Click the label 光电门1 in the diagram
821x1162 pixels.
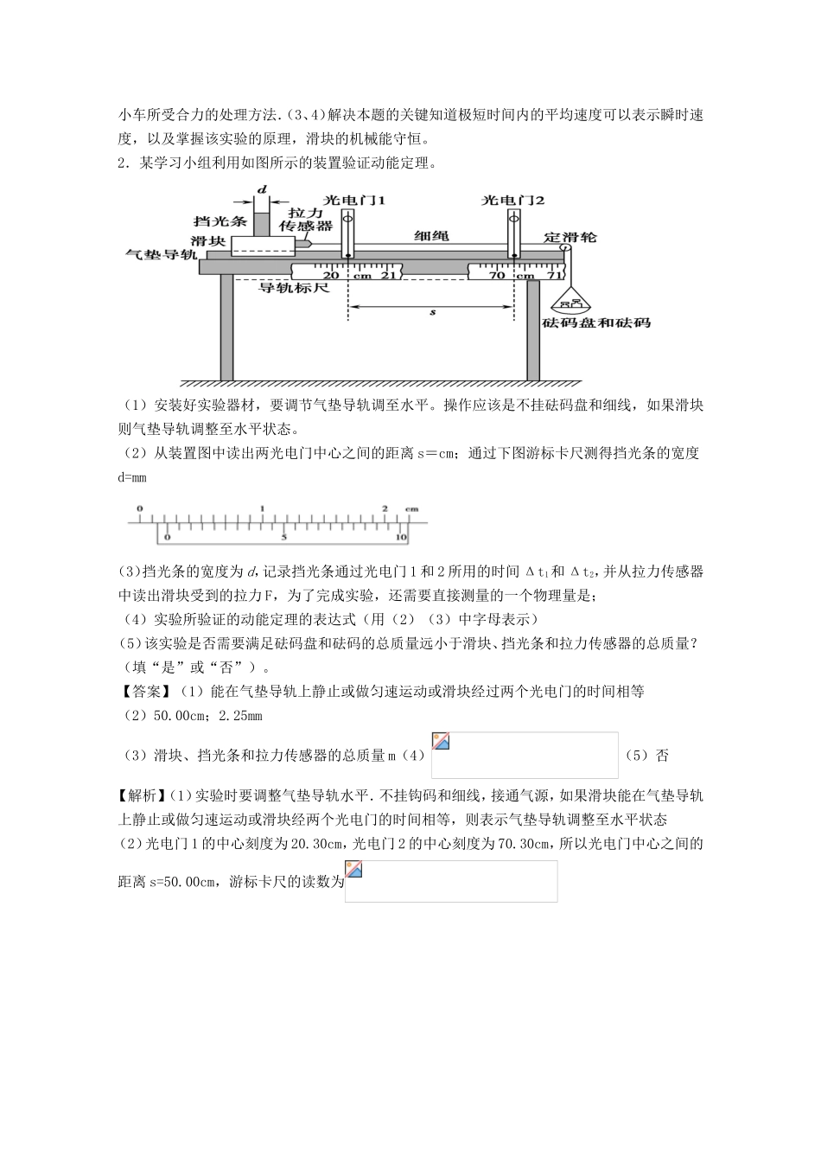click(x=353, y=200)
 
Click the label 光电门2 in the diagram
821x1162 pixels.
click(x=513, y=200)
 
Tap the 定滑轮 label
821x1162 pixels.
click(x=570, y=236)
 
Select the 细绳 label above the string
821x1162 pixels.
click(x=431, y=236)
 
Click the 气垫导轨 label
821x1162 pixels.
click(x=162, y=255)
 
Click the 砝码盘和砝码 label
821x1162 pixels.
click(x=596, y=322)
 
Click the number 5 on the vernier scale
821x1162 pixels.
click(x=283, y=537)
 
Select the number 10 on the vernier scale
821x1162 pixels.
click(x=401, y=537)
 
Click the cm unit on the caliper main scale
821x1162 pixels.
click(x=411, y=508)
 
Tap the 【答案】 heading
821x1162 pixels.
click(x=148, y=691)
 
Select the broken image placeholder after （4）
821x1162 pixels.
click(x=525, y=756)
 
